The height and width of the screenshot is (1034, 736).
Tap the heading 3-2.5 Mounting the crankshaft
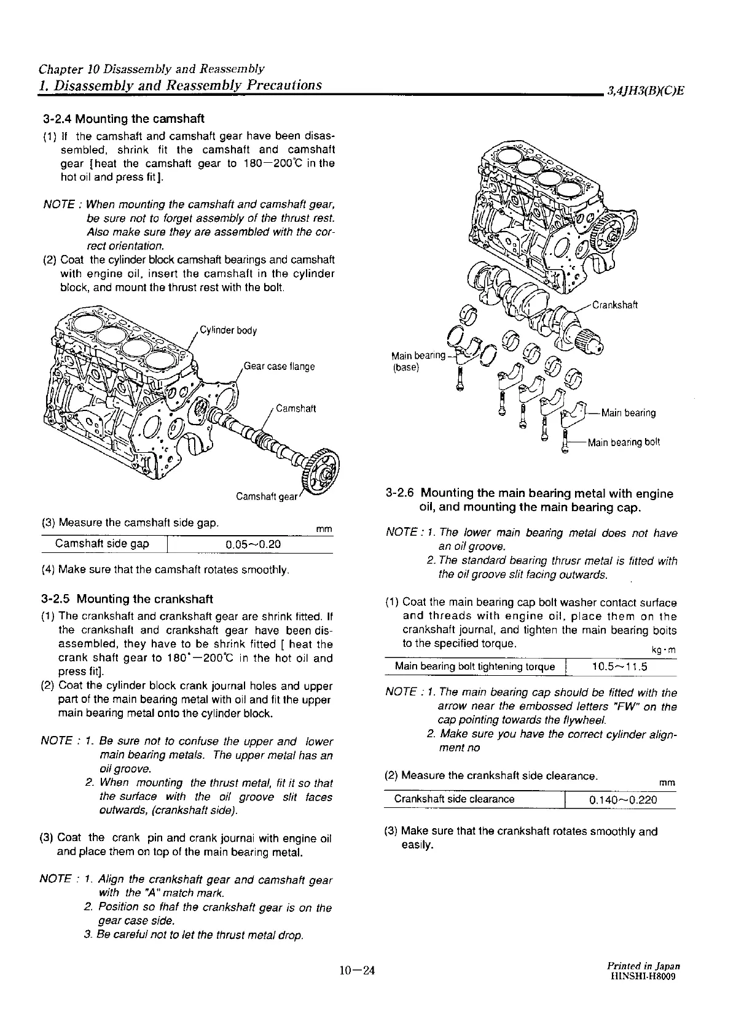click(127, 599)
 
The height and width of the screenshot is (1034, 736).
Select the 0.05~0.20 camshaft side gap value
click(254, 544)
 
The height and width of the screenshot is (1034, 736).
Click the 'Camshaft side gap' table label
click(102, 544)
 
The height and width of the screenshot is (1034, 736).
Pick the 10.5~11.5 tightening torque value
click(620, 667)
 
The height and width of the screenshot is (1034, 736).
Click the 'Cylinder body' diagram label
click(228, 331)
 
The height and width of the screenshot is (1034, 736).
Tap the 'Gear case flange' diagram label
click(279, 367)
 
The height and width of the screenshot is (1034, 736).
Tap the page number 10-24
click(356, 971)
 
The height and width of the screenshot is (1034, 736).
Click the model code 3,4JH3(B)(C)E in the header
click(645, 92)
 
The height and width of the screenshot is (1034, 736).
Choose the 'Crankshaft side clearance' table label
click(454, 799)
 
